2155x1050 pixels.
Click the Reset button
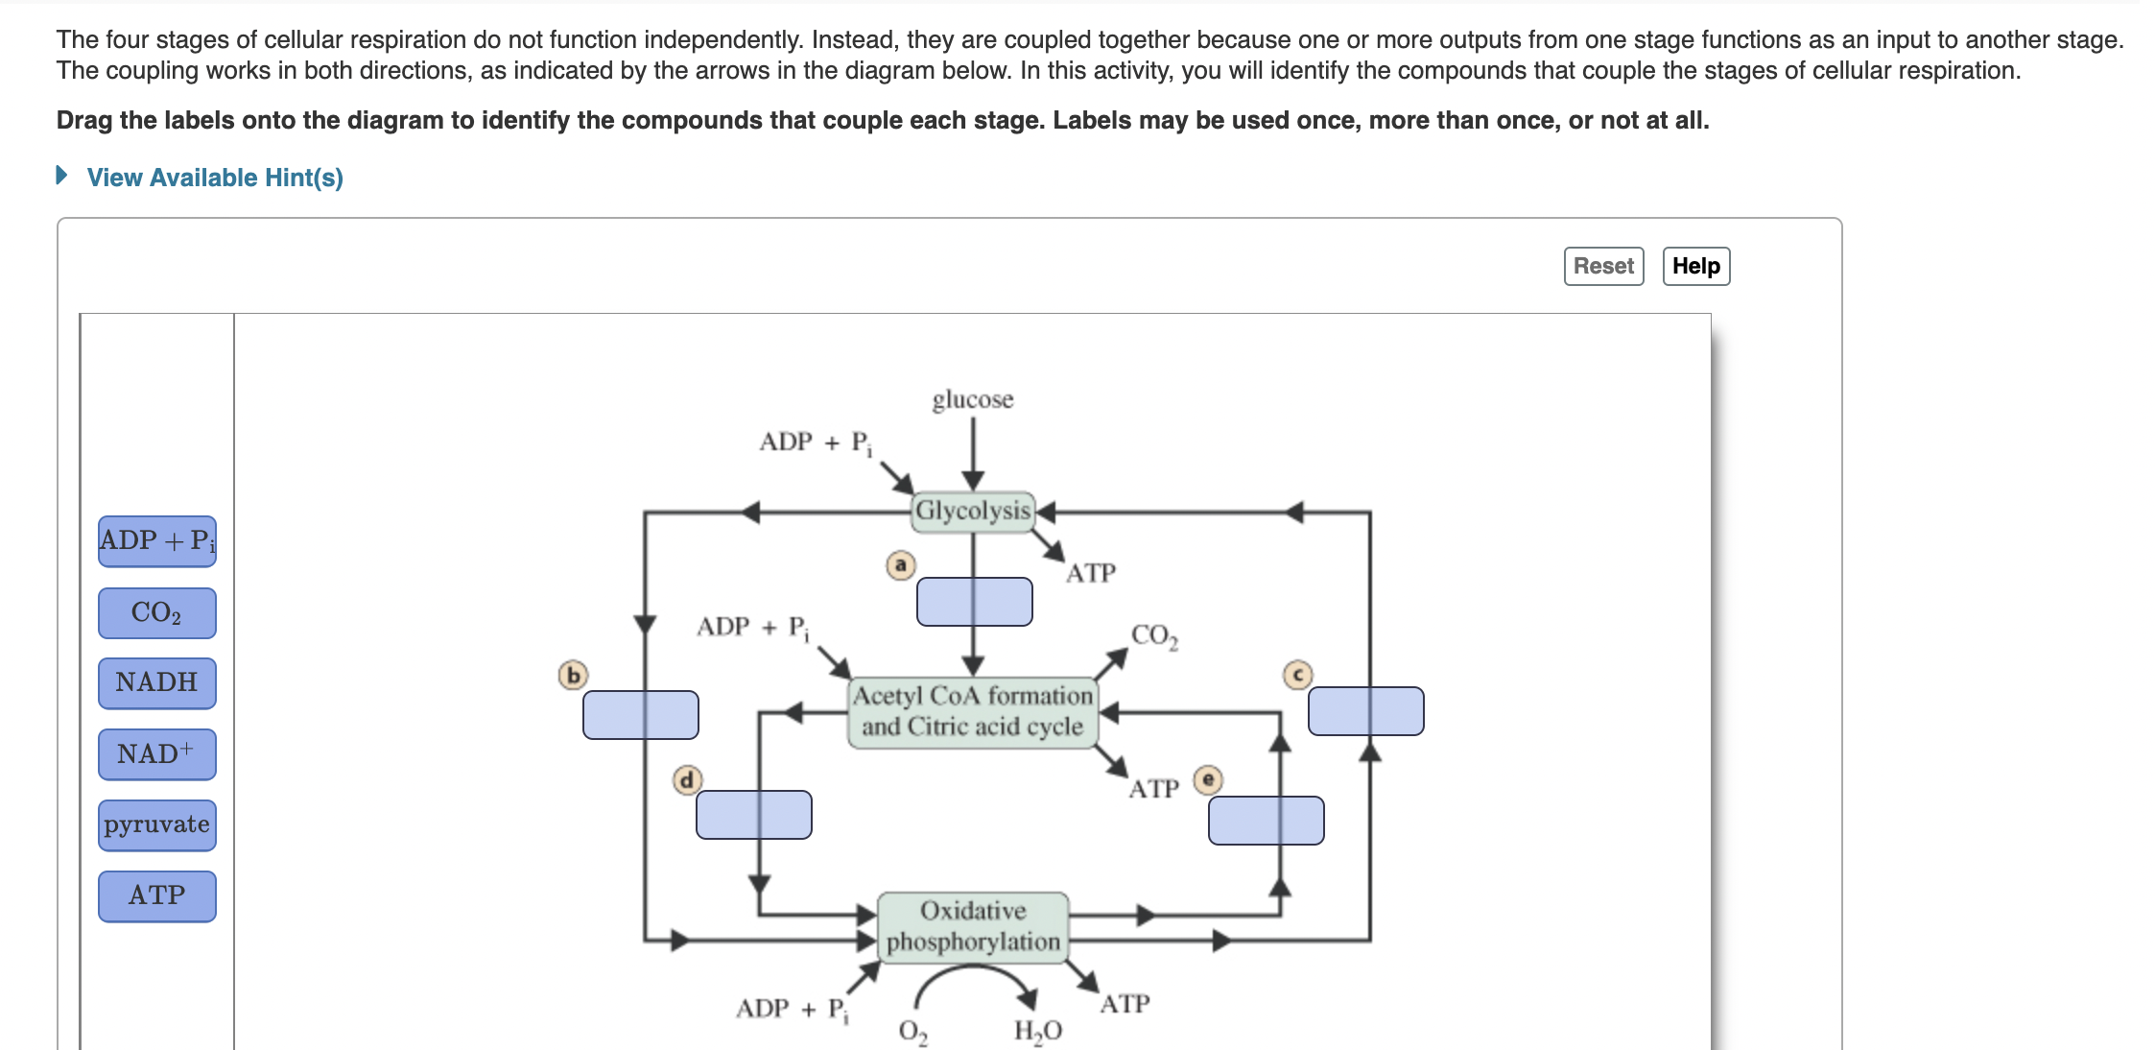[x=1602, y=266]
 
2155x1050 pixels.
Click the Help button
[x=1695, y=266]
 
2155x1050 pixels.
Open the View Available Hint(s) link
[x=214, y=178]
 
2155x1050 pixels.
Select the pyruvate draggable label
[x=156, y=824]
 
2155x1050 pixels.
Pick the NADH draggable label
[x=156, y=682]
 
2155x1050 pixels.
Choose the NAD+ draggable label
[x=156, y=753]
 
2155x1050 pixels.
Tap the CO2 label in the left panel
[x=156, y=612]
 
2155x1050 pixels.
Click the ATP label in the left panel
[x=156, y=895]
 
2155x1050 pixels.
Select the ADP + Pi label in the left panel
[x=156, y=540]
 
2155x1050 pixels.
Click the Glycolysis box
[x=972, y=511]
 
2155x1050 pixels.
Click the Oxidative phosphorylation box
[x=972, y=926]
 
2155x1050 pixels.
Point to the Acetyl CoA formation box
[x=972, y=711]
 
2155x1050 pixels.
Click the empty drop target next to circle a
[x=974, y=602]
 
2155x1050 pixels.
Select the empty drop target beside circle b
[x=640, y=715]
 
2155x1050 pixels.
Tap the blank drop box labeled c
[x=1365, y=711]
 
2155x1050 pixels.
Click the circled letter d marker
[x=686, y=779]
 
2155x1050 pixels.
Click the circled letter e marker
[x=1208, y=779]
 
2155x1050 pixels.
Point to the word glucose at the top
[x=972, y=399]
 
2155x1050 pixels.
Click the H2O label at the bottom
[x=1037, y=1031]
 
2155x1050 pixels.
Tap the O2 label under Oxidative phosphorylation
[x=912, y=1032]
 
